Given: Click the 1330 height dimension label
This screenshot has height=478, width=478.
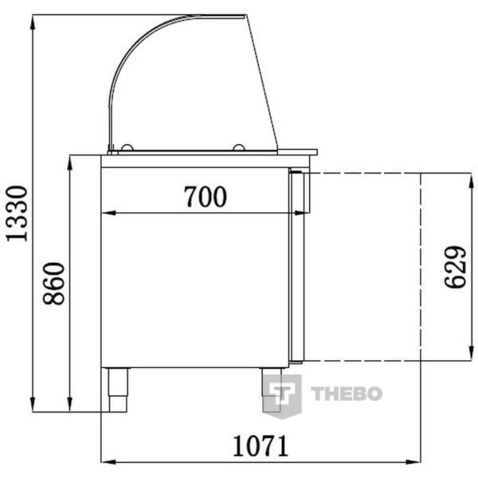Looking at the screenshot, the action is (17, 214).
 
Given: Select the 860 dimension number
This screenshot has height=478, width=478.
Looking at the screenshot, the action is (53, 284).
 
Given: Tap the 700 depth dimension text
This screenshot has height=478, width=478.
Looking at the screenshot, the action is (206, 197).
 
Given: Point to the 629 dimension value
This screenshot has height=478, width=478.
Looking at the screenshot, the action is (455, 268).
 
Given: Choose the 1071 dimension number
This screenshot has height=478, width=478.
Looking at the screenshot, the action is (261, 445).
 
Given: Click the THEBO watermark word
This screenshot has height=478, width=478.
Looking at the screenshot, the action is (347, 394).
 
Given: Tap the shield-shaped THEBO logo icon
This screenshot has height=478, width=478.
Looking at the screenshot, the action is (282, 396).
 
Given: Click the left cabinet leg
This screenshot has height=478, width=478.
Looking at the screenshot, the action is (117, 390).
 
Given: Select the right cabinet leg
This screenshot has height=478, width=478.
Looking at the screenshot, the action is (272, 390).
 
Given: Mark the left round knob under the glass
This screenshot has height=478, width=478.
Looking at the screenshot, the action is (127, 147).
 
